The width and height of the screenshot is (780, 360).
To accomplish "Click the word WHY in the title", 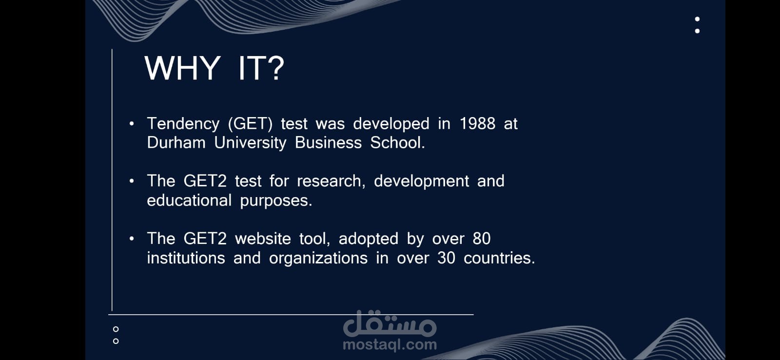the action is tap(182, 68).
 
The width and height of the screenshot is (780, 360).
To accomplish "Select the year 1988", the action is tap(477, 124).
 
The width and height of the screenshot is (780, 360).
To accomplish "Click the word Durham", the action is tap(176, 143).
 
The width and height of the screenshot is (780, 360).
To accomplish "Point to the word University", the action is tap(250, 143).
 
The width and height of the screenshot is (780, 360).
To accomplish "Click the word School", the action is tap(397, 143).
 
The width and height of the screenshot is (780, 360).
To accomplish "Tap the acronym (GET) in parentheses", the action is tap(250, 124).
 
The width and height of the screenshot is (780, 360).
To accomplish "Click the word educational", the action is tap(189, 200).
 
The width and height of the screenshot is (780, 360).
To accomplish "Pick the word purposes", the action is tap(276, 201).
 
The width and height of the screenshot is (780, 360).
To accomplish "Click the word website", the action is tap(263, 239).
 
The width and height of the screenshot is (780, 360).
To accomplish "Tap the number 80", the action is tap(482, 239).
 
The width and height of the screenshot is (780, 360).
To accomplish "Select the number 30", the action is tap(446, 258).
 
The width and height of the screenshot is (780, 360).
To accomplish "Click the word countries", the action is tap(499, 258).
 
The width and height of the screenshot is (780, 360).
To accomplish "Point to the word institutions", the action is tap(186, 258).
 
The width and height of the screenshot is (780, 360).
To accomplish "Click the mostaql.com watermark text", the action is tap(390, 345).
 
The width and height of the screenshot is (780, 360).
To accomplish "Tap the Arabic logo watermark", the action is tap(390, 323).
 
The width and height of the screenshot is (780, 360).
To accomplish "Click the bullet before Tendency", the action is tap(132, 124).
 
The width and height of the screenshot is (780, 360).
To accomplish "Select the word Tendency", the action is tap(183, 124).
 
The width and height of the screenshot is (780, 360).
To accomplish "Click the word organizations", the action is tap(318, 259).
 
